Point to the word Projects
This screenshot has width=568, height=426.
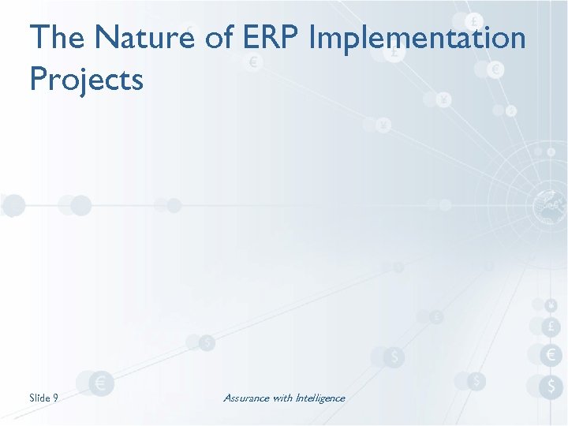click(x=87, y=80)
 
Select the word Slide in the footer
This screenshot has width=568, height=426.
click(x=40, y=398)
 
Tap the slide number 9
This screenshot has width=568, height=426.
click(x=55, y=398)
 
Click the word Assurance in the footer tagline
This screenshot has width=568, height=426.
click(x=246, y=398)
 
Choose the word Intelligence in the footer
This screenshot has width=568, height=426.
click(x=320, y=398)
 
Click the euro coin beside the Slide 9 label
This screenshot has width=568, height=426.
click(x=101, y=384)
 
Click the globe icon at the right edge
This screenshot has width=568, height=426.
click(x=546, y=206)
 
